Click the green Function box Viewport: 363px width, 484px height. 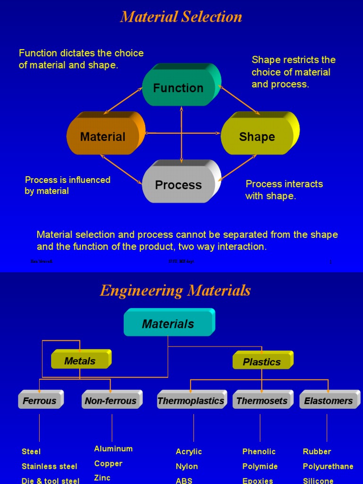pos(179,88)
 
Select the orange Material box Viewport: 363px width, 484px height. pos(103,137)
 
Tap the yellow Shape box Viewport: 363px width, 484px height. pos(257,137)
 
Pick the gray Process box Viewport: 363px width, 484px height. pos(179,185)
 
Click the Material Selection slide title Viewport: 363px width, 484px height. pos(181,17)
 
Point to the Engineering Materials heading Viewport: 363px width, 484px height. pos(175,291)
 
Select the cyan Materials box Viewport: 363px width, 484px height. pos(168,324)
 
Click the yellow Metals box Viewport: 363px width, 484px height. pos(80,361)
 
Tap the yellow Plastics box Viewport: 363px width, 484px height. pos(262,362)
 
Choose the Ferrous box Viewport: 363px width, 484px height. pos(40,401)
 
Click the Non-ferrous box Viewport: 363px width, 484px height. pos(111,401)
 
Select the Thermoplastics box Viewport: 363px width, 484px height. pos(191,401)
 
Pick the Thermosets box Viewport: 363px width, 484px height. pos(262,401)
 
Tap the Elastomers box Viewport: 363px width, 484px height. pos(328,401)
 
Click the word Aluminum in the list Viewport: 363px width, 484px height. pos(113,449)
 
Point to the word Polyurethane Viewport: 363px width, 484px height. pos(328,466)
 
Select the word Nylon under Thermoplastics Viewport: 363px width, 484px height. pos(187,466)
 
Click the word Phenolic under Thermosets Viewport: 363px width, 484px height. pos(259,451)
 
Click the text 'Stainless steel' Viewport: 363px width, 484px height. pos(50,466)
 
